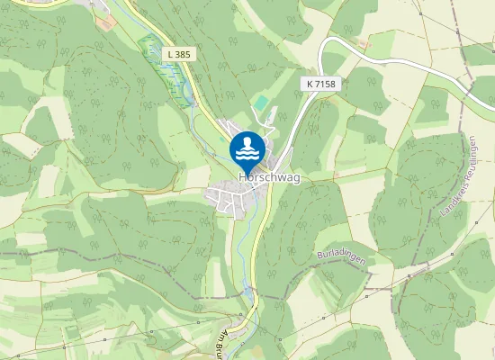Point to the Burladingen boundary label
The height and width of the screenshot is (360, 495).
pyautogui.click(x=342, y=257)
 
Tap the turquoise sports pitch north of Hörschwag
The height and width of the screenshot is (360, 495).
pyautogui.click(x=259, y=104)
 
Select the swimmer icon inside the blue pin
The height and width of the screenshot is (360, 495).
pyautogui.click(x=247, y=144)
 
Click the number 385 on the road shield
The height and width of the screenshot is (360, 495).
pyautogui.click(x=184, y=55)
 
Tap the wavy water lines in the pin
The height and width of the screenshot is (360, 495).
pyautogui.click(x=247, y=154)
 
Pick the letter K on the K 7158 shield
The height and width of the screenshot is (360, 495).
pyautogui.click(x=309, y=83)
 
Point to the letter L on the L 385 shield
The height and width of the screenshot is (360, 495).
pyautogui.click(x=171, y=55)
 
